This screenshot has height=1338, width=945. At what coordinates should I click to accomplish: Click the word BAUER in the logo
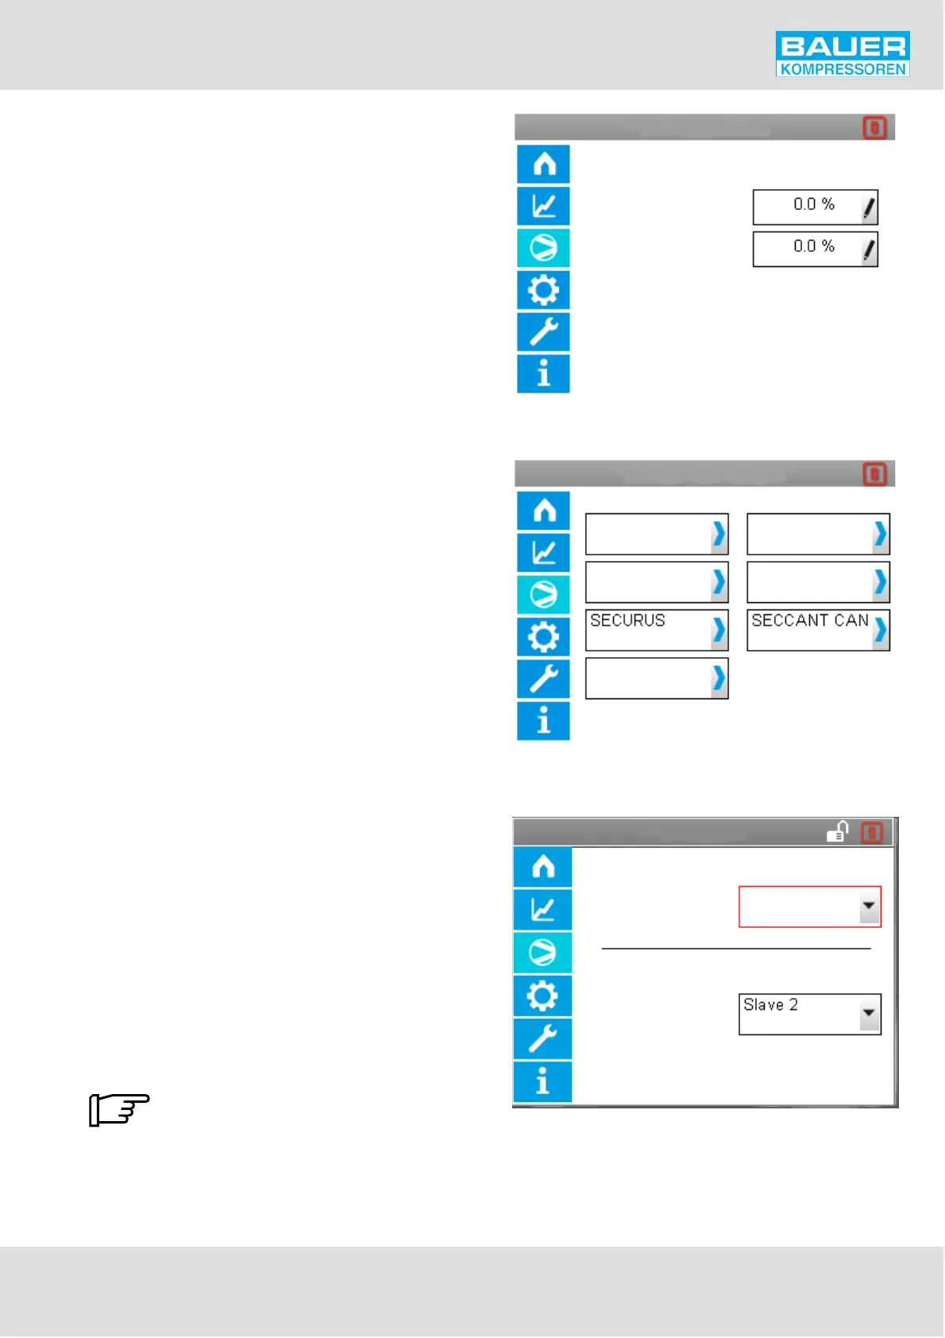pos(843,46)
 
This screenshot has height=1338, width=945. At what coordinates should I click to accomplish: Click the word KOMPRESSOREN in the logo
pos(843,69)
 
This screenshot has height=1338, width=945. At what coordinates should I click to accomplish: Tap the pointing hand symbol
pos(119,1109)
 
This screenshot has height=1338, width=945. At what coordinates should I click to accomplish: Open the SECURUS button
pos(648,629)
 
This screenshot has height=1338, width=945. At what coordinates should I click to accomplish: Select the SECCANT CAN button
pos(809,629)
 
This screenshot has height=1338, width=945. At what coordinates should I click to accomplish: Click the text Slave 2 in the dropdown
pos(770,1005)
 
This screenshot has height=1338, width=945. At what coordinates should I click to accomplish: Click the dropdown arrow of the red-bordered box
pos(870,907)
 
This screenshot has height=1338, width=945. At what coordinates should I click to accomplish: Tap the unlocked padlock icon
pos(838,832)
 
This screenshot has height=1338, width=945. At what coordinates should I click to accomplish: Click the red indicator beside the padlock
pos(873,833)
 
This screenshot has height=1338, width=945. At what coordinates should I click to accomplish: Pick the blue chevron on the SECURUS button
pos(719,630)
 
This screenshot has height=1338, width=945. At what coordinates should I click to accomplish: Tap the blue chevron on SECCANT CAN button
pos(880,630)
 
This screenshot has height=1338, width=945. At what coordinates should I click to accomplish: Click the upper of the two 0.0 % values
pos(813,205)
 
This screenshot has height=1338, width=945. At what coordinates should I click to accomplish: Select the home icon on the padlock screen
pos(542,867)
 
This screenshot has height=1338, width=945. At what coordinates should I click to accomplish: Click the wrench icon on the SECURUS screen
pos(543,679)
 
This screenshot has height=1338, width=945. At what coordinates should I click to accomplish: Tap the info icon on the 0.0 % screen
pos(543,373)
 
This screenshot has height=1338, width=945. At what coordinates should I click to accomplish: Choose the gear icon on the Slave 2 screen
pos(542,996)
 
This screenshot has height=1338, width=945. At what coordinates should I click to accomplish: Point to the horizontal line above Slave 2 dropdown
pos(736,949)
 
